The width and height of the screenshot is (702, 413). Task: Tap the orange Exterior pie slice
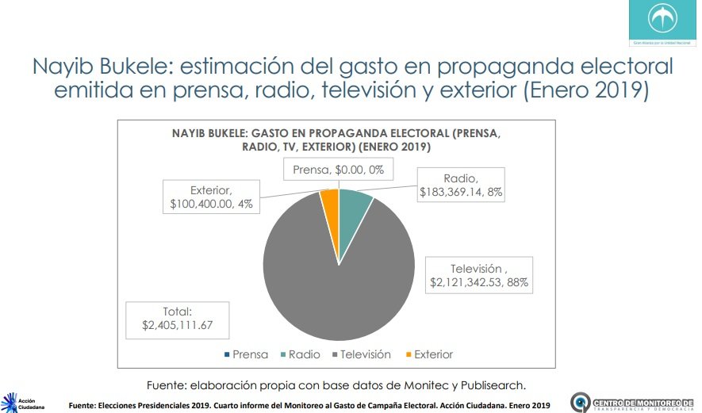point(331,202)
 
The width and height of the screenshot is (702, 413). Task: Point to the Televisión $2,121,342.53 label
point(478,275)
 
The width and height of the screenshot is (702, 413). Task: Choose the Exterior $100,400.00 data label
point(211,197)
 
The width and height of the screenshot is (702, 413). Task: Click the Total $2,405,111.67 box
point(178,319)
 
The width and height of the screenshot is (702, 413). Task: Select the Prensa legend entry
point(247,354)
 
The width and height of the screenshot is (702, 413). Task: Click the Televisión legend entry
point(361,354)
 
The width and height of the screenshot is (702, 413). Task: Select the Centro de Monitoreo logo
point(635,402)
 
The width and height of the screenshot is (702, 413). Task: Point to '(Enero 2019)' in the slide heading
point(585,90)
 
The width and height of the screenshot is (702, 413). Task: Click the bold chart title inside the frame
point(336,140)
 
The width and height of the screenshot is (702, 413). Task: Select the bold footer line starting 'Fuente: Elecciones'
point(309,406)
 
